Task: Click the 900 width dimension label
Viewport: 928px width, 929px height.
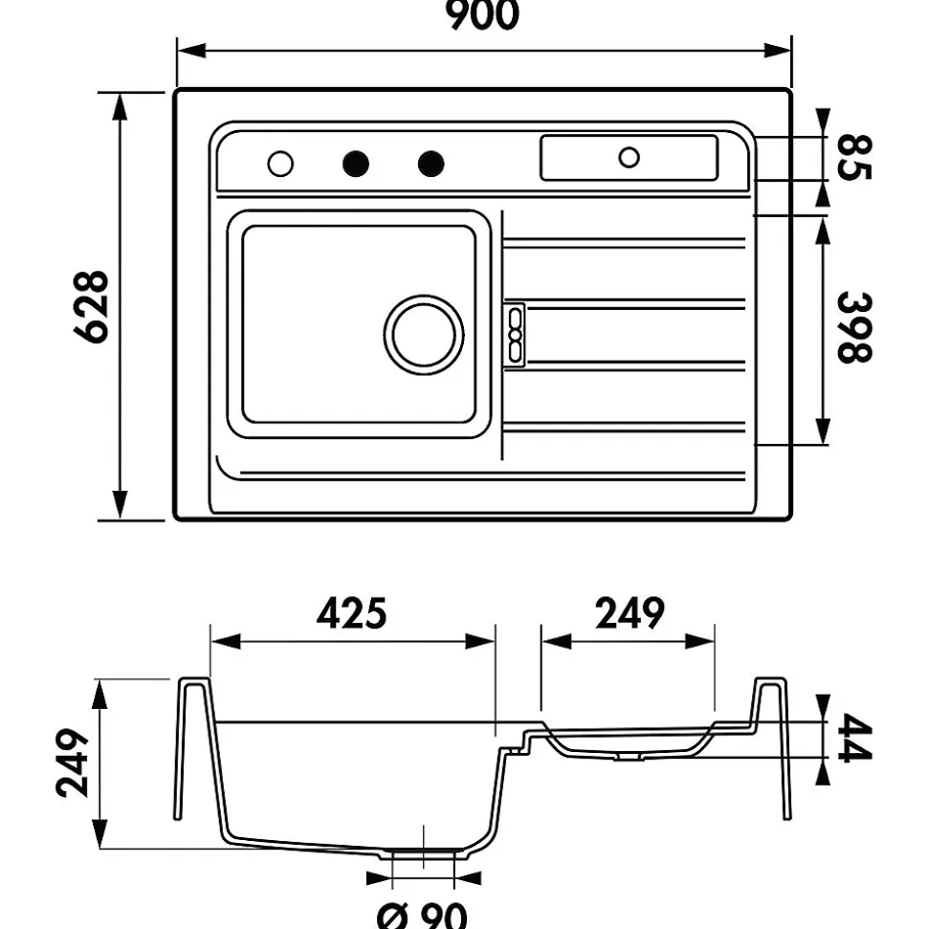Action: click(484, 15)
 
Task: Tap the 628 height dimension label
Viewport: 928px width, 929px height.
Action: click(93, 306)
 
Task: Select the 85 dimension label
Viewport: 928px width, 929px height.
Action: click(854, 158)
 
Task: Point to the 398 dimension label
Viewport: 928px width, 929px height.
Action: click(854, 327)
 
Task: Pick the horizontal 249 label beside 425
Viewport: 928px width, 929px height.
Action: click(629, 613)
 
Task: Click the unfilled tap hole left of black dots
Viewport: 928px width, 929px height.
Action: click(280, 164)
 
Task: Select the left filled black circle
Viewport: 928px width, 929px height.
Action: click(356, 164)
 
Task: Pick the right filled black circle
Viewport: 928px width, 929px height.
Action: click(431, 164)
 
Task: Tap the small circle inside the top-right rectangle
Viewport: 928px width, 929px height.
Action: click(629, 157)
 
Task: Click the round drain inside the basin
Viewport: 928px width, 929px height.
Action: click(424, 335)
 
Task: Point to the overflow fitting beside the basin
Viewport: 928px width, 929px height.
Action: click(516, 335)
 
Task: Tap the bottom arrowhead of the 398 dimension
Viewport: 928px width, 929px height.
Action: click(823, 433)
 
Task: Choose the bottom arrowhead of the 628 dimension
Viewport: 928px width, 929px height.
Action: click(120, 507)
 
